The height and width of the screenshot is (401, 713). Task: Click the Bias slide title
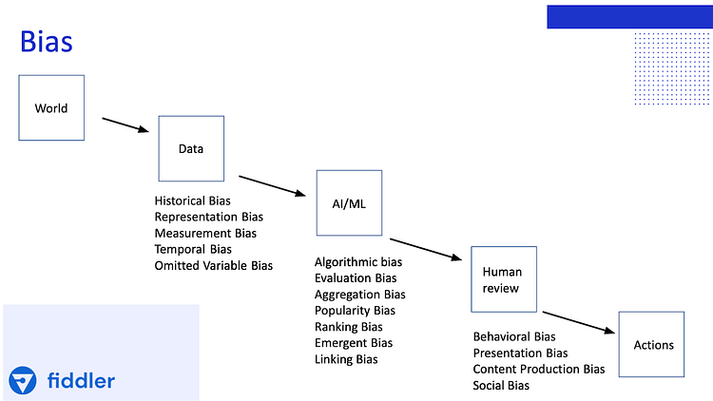tap(47, 42)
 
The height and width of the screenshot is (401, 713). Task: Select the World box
tap(51, 107)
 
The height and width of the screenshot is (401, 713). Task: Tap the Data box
tap(191, 148)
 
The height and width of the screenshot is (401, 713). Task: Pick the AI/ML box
tap(349, 202)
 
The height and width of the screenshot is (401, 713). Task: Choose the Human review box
tap(504, 279)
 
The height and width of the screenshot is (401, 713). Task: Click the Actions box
tap(651, 344)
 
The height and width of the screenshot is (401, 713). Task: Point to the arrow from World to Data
tap(125, 125)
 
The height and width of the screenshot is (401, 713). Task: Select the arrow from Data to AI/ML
tap(272, 186)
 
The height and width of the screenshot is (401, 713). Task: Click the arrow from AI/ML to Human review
tap(426, 249)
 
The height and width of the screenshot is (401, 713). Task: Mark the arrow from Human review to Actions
tap(578, 322)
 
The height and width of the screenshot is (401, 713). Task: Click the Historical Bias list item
tap(192, 200)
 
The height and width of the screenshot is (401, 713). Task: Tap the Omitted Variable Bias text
tap(213, 265)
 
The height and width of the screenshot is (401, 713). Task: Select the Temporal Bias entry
tap(193, 249)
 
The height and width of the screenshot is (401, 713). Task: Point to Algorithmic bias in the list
tap(358, 262)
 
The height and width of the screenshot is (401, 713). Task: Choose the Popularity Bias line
tap(355, 311)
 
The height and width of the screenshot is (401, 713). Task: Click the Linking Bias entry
tap(346, 359)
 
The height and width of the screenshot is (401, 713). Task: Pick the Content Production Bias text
tap(539, 369)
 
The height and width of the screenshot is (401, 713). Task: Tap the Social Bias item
tap(501, 386)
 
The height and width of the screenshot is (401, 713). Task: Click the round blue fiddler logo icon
tap(22, 380)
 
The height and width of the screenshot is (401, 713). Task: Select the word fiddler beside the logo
tap(81, 380)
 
